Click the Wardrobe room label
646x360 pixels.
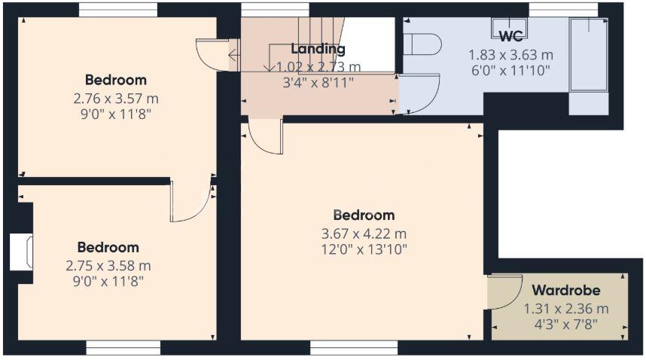tap(565, 291)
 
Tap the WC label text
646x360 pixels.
tap(511, 36)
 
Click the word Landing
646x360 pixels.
tap(318, 49)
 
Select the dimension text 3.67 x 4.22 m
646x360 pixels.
tap(364, 234)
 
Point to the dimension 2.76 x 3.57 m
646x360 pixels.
tap(116, 99)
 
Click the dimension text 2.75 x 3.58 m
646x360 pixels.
tap(108, 266)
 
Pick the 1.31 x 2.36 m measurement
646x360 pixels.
tap(566, 309)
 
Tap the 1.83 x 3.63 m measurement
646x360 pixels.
tap(511, 55)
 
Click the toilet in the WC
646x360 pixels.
tap(422, 44)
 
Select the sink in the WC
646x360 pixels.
tap(508, 27)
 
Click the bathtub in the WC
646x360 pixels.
tap(588, 54)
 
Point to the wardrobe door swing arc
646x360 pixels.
tap(514, 297)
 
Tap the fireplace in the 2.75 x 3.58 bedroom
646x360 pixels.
tap(21, 252)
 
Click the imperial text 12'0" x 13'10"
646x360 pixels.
tap(364, 249)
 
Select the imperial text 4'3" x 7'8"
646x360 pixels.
tap(565, 325)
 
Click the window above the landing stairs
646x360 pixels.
tap(276, 10)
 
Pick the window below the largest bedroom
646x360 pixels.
tap(354, 348)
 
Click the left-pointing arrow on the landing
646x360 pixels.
tap(233, 55)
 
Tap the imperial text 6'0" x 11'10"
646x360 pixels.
tap(511, 71)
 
